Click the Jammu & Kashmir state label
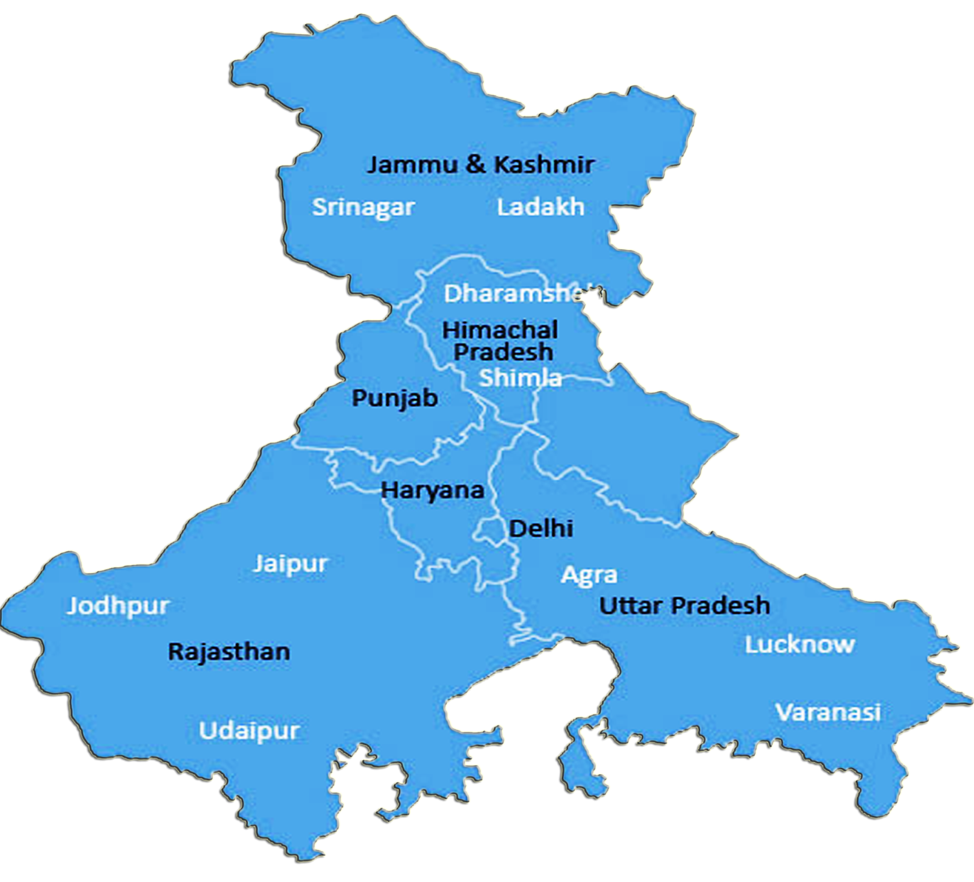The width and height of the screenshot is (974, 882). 480,164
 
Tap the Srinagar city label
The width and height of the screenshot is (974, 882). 363,207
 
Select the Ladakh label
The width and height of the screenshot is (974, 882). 541,207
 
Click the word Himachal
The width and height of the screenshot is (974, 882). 500,330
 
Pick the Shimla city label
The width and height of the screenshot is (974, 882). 520,378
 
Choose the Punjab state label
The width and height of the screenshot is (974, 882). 395,398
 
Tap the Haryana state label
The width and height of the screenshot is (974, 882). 432,490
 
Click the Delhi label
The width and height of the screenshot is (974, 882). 541,528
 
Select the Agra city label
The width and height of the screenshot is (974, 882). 589,575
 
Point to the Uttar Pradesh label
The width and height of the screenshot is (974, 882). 684,605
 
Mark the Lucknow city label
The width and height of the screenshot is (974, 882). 800,644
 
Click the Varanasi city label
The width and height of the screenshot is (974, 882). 829,711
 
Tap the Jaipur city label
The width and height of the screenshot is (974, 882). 291,564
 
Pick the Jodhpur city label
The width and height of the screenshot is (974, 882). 118,606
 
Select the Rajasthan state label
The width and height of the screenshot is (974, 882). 229,652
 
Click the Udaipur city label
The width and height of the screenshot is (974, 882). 250,730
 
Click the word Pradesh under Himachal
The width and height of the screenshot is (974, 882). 503,352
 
